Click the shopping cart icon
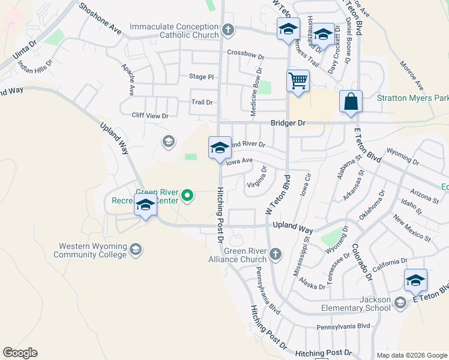point(298,80)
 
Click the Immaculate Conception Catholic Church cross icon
point(228,29)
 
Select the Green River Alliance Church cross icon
point(276,254)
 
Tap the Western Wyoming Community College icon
point(136,250)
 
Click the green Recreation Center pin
point(187,194)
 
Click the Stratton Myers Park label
point(412,98)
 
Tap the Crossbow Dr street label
point(246,53)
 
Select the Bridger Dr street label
point(288,122)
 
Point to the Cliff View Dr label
point(149,115)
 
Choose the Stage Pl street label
point(201,77)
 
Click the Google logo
point(20,353)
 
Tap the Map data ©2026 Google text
point(411,355)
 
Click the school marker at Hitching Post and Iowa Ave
point(220,147)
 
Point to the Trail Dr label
point(202,102)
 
